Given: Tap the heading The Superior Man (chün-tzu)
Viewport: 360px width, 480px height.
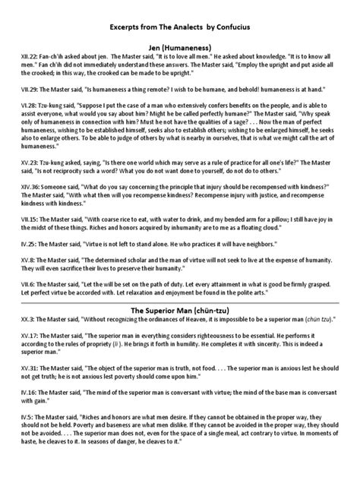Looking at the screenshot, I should [x=179, y=310].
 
